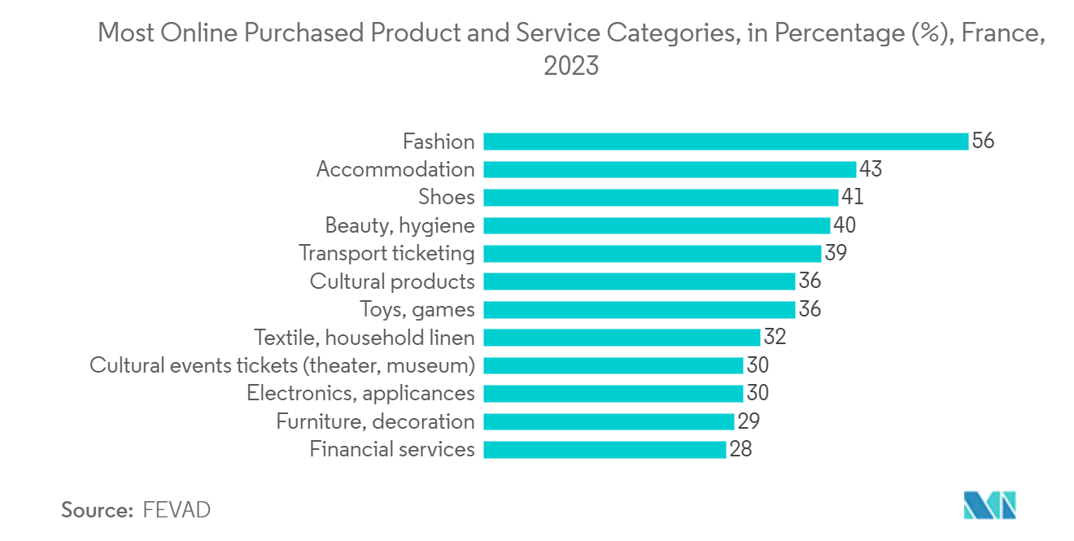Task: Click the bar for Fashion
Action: coord(726,142)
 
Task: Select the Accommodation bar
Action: coord(670,169)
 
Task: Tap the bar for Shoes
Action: coord(661,197)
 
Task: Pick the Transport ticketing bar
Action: coord(652,253)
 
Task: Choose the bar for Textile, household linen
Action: coord(622,337)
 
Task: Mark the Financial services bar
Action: coord(605,449)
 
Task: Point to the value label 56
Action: coord(983,142)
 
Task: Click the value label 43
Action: coord(871,169)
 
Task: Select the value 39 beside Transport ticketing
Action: coord(836,253)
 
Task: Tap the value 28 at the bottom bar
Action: coord(740,449)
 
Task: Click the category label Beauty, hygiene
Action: coord(399,225)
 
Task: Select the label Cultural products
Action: coord(392,281)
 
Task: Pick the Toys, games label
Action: coord(417,309)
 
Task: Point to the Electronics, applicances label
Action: coord(360,393)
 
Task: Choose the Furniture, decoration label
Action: coord(375,421)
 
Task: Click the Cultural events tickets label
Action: coord(282,365)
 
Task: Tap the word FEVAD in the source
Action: coord(177,510)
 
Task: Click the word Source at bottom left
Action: coord(97,510)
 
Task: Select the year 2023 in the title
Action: coord(571,66)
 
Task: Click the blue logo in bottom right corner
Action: coord(989,505)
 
